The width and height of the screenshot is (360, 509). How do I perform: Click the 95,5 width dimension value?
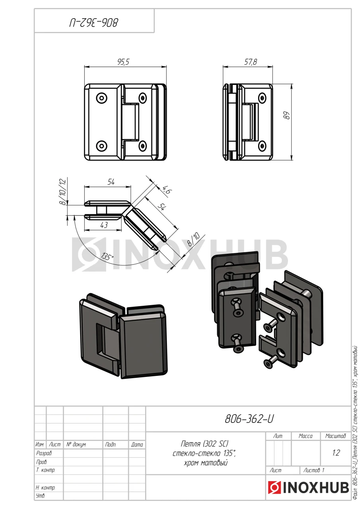point(123,62)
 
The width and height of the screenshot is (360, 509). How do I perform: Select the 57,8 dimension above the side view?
point(251,62)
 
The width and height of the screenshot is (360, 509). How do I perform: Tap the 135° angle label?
point(107,257)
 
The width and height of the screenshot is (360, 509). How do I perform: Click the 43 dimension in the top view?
point(104,225)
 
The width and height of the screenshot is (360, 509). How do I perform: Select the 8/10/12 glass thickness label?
point(63,192)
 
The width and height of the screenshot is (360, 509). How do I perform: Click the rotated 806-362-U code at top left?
point(94,23)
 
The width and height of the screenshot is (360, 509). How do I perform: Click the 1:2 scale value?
point(336,453)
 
